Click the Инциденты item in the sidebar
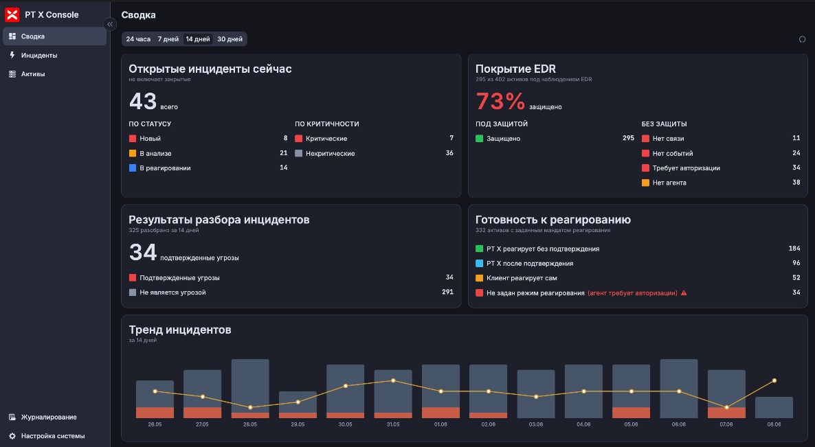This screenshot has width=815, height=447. tap(39, 55)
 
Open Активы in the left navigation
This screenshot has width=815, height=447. tap(33, 73)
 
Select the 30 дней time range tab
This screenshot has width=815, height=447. tap(230, 39)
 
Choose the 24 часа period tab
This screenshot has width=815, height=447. tap(138, 39)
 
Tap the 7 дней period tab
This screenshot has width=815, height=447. tap(168, 39)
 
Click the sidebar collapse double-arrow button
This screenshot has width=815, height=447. tap(110, 24)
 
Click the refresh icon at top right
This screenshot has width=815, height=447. tap(802, 39)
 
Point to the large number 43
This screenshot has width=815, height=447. tap(142, 101)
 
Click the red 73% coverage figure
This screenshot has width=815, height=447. tap(500, 101)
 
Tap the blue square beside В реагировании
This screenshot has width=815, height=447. tap(133, 168)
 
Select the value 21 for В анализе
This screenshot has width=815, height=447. tap(283, 152)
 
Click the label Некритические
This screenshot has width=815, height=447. tap(330, 153)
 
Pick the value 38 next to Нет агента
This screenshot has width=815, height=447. tap(796, 182)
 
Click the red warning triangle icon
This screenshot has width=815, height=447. tap(684, 293)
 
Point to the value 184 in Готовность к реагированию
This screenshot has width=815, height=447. tap(794, 248)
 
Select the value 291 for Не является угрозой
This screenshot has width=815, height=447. tap(447, 292)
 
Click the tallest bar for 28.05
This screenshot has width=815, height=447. tap(250, 389)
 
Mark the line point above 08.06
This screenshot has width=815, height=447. tap(774, 380)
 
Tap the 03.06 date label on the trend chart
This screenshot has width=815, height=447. tap(536, 424)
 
